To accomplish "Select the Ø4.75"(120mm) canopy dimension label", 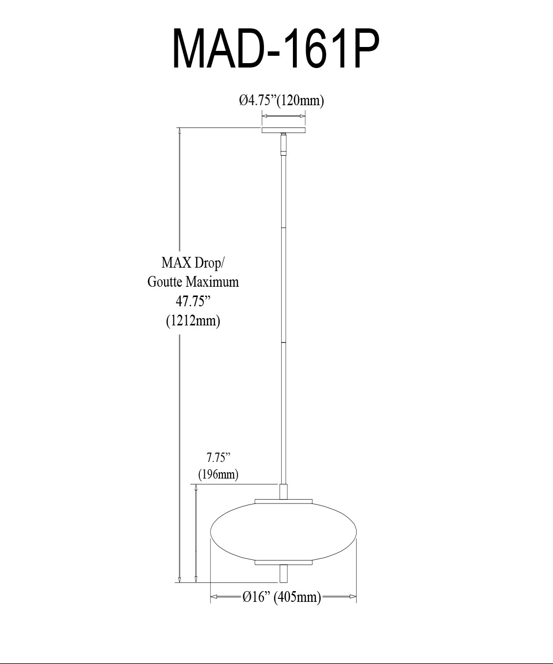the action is coord(282,101).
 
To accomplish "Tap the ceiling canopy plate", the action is coord(283,130).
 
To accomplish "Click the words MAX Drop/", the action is coord(193,263).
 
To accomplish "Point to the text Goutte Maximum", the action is coord(193,282).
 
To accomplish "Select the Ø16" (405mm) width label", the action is coord(282,597).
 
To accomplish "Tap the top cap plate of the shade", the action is coord(283,502).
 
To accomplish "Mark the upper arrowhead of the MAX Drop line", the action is coord(180,131).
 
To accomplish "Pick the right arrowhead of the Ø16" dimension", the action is coord(353,596).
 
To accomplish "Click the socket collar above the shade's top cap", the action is coord(283,492).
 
